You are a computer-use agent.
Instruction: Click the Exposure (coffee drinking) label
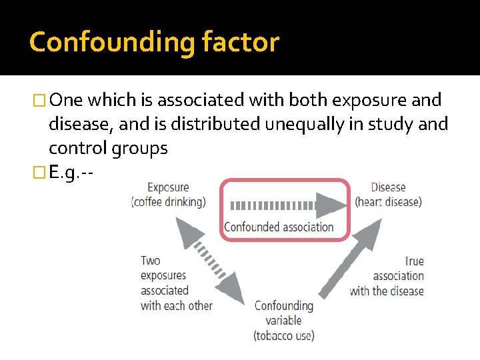tap(169, 195)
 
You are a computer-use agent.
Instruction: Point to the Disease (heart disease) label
tap(389, 195)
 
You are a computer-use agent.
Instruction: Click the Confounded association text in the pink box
tap(279, 227)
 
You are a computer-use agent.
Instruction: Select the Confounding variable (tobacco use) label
tap(284, 321)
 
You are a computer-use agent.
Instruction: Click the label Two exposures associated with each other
tap(176, 283)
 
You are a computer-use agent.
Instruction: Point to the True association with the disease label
tap(387, 276)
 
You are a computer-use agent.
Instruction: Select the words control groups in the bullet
tap(108, 148)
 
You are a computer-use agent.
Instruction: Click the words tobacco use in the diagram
tap(284, 335)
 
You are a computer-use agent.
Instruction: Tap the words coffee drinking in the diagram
tap(169, 202)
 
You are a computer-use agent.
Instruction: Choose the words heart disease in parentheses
tap(389, 202)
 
